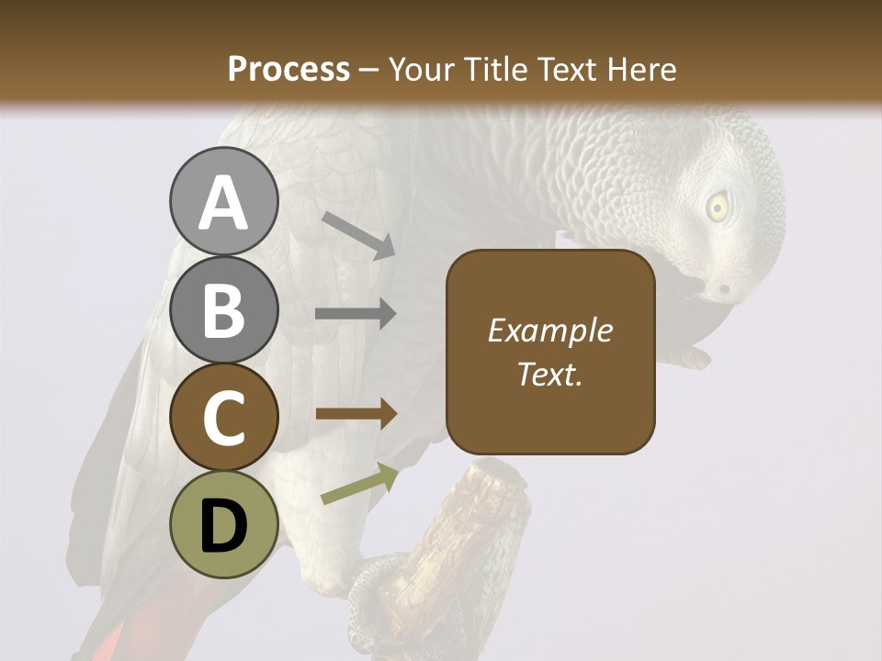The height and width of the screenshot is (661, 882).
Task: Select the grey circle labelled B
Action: [x=223, y=309]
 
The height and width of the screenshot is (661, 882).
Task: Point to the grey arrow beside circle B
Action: [x=356, y=314]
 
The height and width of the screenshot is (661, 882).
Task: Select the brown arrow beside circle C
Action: [x=356, y=413]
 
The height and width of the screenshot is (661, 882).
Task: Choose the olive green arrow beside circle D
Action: [x=359, y=484]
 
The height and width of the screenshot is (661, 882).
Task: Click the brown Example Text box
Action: [x=550, y=352]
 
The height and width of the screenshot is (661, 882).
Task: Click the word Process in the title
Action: [x=288, y=69]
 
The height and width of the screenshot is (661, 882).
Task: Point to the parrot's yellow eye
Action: [x=717, y=207]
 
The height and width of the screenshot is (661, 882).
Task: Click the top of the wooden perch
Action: [x=496, y=474]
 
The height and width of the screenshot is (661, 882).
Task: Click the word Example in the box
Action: [x=550, y=330]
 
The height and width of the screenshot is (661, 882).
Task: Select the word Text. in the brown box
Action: [x=550, y=374]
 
